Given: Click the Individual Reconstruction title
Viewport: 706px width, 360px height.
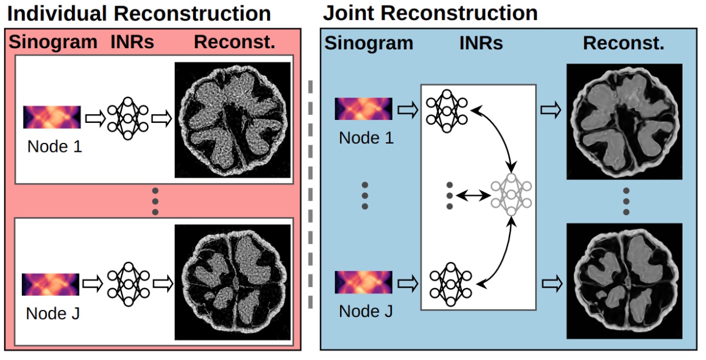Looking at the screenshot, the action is pos(139,14).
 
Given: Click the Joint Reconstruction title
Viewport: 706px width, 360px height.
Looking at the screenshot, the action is pos(430,14).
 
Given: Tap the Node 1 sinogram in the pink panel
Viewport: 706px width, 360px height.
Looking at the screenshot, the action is pos(52,117).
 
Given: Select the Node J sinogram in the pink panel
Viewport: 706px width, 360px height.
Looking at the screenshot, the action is pos(51,284).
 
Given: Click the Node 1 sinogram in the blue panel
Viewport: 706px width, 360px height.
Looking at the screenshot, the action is pos(364,109).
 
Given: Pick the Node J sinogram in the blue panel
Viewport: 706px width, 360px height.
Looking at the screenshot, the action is pos(364,282).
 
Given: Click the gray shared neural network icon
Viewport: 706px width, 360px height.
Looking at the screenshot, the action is pos(511,195).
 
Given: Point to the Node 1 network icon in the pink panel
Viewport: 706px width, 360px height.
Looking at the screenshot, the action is pos(128,118).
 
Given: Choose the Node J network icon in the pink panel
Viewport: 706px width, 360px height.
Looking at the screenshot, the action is pos(128,284).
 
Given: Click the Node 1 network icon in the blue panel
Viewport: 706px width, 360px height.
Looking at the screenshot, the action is pos(447,111).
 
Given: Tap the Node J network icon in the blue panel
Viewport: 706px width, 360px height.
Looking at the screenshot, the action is pos(451,284).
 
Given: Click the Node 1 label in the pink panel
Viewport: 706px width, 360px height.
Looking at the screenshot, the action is pos(55,146).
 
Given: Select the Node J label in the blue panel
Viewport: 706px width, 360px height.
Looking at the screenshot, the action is pos(366,311).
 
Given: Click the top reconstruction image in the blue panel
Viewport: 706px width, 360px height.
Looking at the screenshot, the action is pos(624,122).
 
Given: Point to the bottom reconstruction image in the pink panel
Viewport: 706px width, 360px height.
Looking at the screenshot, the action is pos(232,282).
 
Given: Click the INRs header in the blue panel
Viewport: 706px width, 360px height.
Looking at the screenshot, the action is pos(481,43).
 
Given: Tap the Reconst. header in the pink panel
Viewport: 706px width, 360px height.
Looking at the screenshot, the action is pos(235,42).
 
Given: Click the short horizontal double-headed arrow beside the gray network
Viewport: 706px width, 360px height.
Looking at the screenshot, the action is pos(473,196).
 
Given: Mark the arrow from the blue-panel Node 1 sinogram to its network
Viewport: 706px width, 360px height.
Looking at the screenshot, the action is pos(408,110).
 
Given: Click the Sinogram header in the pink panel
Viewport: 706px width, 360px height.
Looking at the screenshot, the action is pos(53,42).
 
